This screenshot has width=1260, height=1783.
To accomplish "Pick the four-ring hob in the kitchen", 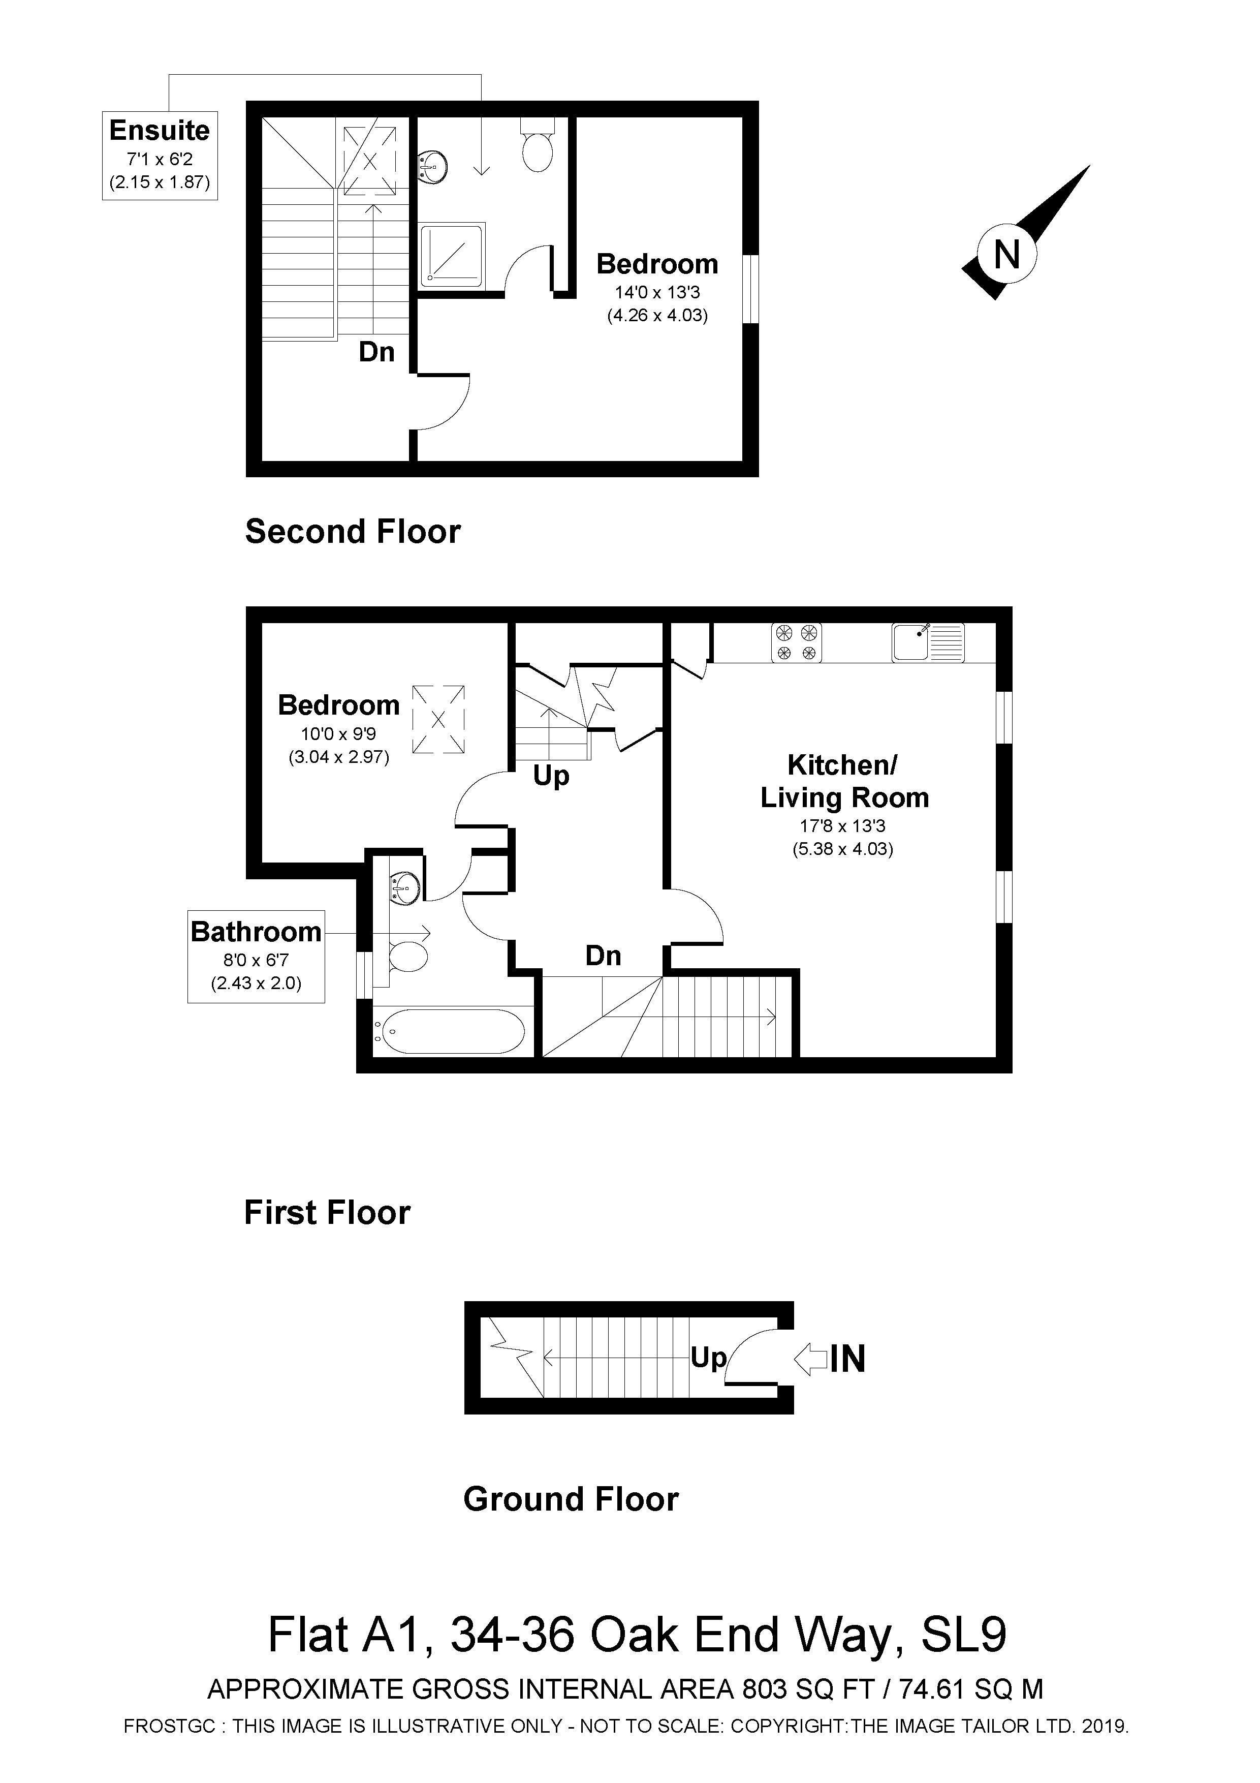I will coord(797,642).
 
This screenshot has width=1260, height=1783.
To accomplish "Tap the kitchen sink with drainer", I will coord(928,642).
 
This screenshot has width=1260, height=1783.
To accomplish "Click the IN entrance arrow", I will coord(812,1359).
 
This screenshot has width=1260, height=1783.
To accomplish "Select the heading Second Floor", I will coord(353,532).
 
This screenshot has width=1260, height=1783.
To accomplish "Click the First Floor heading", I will coord(327,1212).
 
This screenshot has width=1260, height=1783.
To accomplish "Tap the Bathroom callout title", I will coord(256,931).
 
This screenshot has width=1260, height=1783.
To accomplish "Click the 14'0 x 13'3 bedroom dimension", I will coord(657,293).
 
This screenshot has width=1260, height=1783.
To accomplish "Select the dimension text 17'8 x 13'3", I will coord(842,826).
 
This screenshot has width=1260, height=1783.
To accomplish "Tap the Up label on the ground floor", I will coord(708,1358).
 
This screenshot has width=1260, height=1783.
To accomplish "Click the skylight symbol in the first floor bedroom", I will coord(438,718).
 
